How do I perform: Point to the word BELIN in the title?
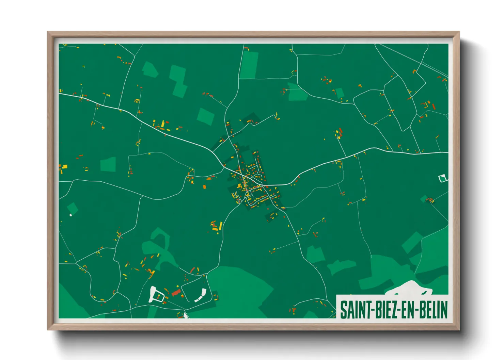[433, 310]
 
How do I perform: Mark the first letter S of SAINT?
[343, 310]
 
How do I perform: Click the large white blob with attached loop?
[154, 294]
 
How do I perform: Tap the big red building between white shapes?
[176, 292]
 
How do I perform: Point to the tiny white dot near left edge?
[71, 215]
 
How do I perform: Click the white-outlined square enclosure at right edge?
[442, 178]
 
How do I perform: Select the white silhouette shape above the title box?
[409, 288]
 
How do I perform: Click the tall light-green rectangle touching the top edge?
[249, 65]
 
